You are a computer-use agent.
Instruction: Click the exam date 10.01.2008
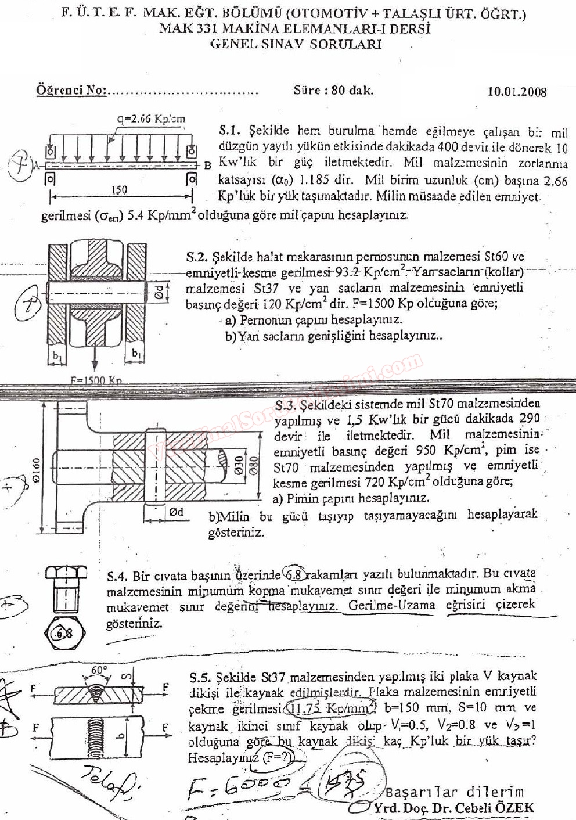517,91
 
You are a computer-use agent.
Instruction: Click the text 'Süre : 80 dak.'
333,90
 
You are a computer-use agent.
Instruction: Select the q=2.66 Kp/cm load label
151,119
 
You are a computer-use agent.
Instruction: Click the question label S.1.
230,131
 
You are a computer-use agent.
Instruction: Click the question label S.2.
197,256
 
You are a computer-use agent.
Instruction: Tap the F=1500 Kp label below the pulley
96,380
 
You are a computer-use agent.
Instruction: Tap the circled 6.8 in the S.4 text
294,574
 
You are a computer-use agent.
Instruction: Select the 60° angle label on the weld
99,670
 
